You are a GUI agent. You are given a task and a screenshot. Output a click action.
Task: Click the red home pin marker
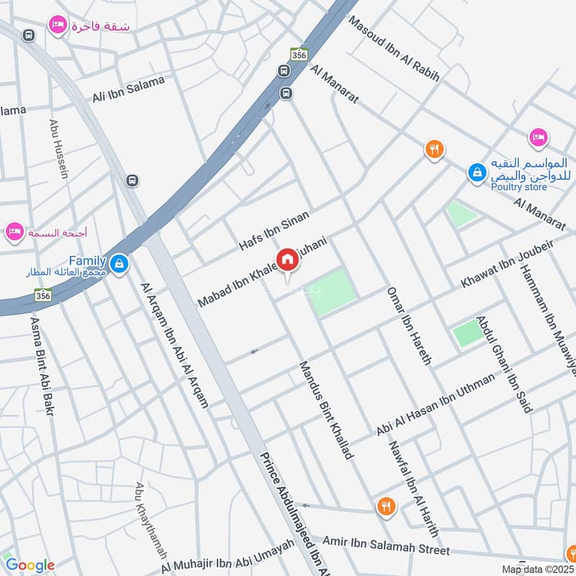tap(287, 261)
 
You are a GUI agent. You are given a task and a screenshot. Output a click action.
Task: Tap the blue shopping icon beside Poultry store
tap(476, 172)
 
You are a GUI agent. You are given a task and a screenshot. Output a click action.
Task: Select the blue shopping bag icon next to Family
tap(120, 264)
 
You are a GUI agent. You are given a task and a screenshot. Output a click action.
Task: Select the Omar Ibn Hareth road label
tap(408, 326)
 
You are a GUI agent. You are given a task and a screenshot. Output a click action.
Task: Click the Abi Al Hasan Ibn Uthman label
tap(436, 405)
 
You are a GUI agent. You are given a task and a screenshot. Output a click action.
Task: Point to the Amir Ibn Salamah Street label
tap(386, 545)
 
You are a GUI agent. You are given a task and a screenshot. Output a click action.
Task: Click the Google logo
tap(30, 565)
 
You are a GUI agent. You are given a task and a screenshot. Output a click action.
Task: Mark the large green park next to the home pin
tap(333, 291)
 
